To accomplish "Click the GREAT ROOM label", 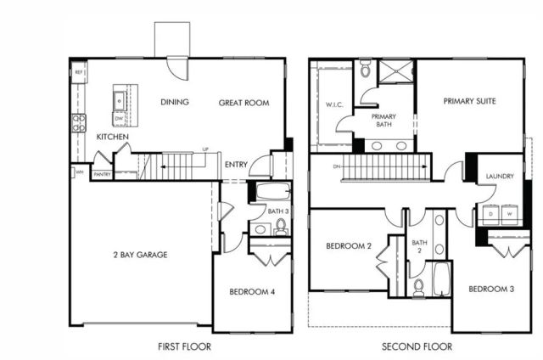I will click(x=244, y=103).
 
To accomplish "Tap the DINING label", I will click(x=174, y=103).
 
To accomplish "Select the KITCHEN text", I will click(x=113, y=137).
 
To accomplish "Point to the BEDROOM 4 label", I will click(x=251, y=293).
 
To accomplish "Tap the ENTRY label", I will click(x=237, y=166).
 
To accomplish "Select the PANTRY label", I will click(x=102, y=175).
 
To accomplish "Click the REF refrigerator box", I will click(x=79, y=73).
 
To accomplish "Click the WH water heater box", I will click(x=79, y=173).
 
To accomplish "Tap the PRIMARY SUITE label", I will click(x=469, y=100).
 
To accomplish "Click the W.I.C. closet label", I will click(x=333, y=106).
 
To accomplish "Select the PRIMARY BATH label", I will click(x=384, y=120).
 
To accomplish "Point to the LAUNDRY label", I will click(x=500, y=177).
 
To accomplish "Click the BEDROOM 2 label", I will click(x=350, y=246).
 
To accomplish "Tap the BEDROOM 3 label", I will click(x=491, y=289).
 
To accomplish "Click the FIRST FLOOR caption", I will click(x=184, y=346).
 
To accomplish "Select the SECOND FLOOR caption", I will click(x=417, y=346).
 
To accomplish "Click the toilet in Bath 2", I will click(x=418, y=287).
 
